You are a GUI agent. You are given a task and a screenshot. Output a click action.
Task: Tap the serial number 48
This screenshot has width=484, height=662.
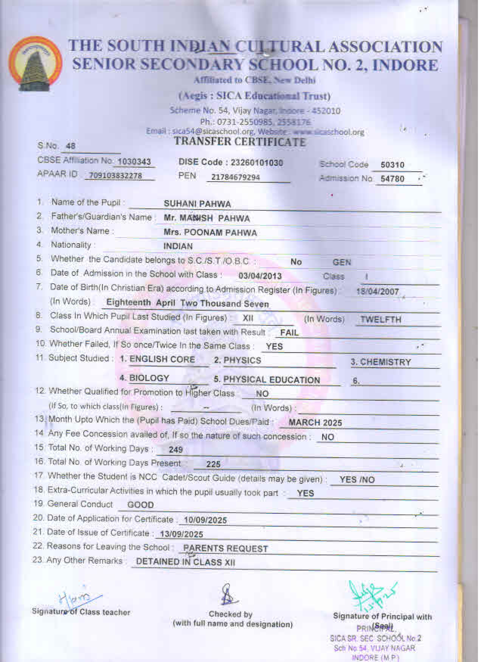pos(71,146)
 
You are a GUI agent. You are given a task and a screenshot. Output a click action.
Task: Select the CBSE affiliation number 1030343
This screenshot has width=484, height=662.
pos(134,162)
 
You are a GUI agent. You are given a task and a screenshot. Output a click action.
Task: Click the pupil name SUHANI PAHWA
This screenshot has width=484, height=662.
pos(197,204)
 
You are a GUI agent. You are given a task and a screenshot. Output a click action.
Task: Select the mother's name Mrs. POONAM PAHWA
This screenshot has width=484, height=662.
pos(210,233)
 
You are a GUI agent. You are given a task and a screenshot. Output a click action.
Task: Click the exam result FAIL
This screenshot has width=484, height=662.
pos(289,333)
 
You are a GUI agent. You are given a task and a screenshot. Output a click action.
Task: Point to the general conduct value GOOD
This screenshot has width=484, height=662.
pos(140,505)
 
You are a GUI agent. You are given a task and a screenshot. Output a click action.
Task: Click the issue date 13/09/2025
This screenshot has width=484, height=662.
pos(181,534)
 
